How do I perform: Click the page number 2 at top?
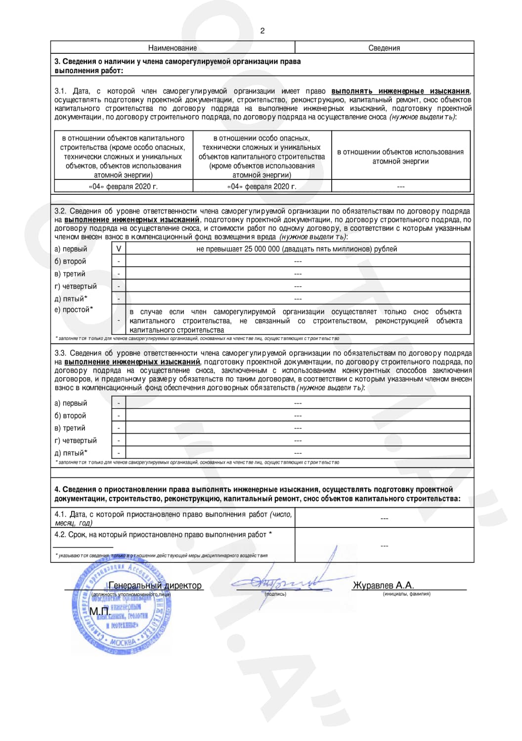(262, 31)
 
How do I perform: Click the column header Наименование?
(173, 48)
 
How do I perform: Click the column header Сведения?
(384, 48)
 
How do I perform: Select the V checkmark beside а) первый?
(119, 249)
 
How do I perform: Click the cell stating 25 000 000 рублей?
(297, 249)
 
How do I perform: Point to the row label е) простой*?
(74, 309)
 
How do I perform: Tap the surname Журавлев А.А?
(383, 585)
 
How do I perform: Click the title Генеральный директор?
(155, 585)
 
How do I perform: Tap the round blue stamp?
(122, 608)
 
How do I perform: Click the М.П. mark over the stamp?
(99, 612)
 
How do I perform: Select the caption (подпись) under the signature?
(275, 594)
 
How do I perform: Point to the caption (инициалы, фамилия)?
(406, 594)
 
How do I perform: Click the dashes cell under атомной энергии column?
(401, 187)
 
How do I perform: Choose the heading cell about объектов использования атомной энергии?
(401, 157)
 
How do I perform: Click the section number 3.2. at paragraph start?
(60, 211)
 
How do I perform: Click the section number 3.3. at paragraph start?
(60, 353)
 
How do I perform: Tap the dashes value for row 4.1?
(384, 519)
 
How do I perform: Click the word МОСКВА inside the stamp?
(123, 642)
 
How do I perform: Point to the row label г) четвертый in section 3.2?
(76, 286)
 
